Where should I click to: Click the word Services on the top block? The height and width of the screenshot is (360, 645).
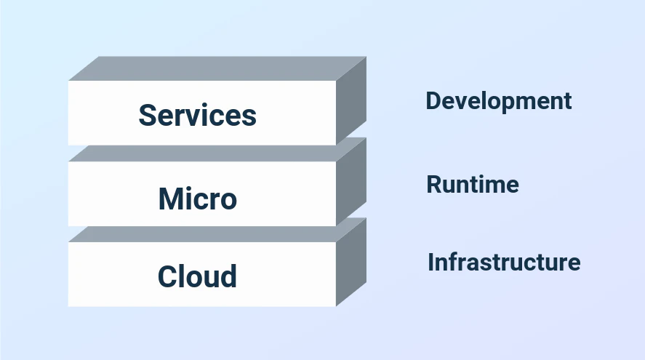click(197, 115)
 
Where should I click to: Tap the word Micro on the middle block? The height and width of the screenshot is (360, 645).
click(197, 199)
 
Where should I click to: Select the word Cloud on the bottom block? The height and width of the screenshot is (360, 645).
click(197, 276)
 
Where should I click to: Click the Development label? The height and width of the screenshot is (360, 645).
click(499, 101)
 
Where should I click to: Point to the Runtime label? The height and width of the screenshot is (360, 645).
click(473, 185)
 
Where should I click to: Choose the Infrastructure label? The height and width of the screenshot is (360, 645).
click(504, 262)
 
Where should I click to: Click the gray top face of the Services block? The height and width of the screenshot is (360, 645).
click(218, 68)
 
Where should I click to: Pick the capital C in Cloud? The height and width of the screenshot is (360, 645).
click(167, 276)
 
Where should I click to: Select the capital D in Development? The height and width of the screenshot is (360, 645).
click(433, 101)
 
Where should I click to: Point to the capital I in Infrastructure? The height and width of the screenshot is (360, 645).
click(431, 262)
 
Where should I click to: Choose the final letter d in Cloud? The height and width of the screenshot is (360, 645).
click(229, 276)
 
